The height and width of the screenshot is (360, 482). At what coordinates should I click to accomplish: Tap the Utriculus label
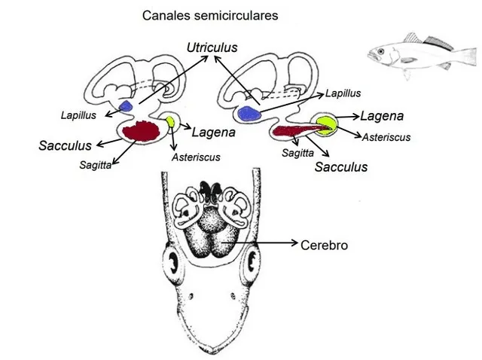(x=212, y=48)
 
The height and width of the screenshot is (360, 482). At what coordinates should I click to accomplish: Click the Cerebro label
(x=324, y=245)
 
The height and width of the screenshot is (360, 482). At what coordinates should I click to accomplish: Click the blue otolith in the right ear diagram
(x=247, y=114)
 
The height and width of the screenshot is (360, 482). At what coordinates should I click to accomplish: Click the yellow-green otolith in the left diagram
(x=172, y=121)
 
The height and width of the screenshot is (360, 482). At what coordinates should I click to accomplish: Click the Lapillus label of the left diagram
(x=78, y=115)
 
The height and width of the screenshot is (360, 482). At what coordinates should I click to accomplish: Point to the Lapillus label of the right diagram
(x=343, y=93)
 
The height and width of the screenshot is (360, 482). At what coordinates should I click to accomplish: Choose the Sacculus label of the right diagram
(x=341, y=166)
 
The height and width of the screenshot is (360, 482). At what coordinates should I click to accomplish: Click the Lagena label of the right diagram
(x=382, y=116)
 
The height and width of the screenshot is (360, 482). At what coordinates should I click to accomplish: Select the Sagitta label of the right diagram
(x=297, y=152)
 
